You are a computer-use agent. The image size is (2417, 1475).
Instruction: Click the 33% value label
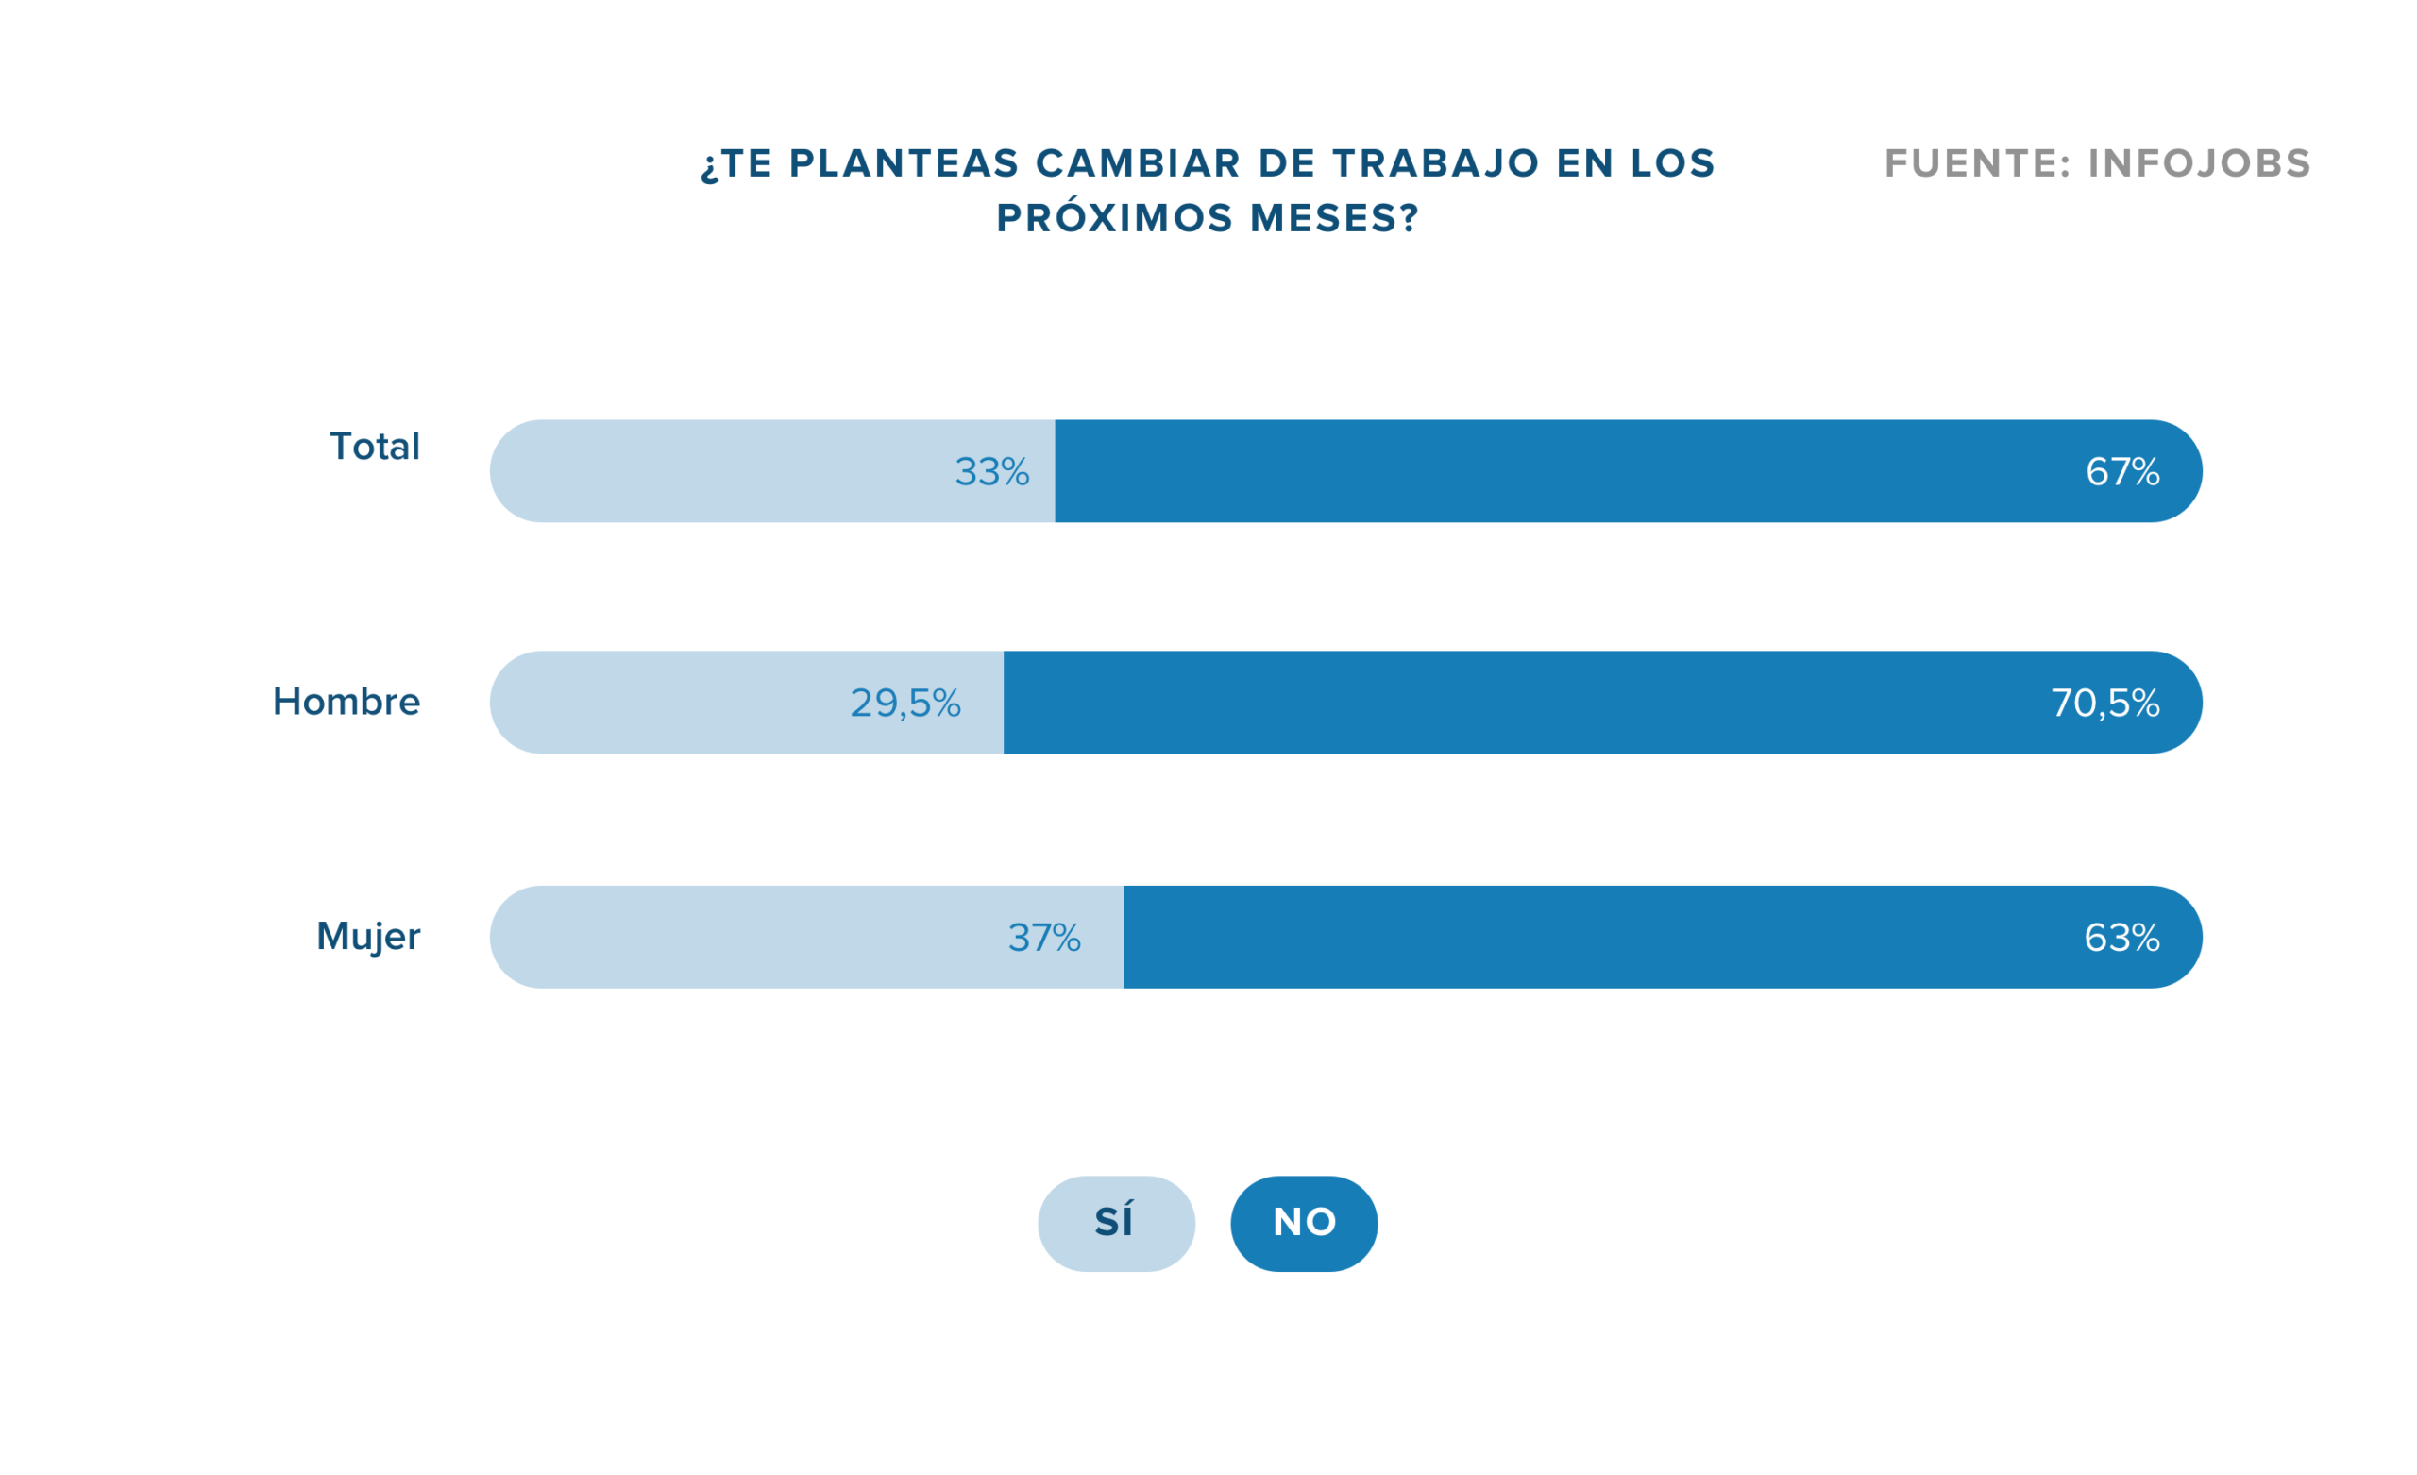tap(991, 472)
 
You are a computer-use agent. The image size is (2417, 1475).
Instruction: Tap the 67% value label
tap(2121, 472)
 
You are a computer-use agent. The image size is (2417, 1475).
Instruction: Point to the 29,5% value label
tap(904, 704)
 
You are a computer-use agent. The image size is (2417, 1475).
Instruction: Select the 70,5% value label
tap(2104, 704)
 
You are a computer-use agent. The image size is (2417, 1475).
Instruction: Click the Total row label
tap(374, 447)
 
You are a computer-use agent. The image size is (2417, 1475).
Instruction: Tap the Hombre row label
tap(346, 702)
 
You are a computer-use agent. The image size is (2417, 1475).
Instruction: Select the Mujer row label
tap(368, 936)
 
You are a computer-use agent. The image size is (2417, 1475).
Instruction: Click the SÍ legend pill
tap(1115, 1224)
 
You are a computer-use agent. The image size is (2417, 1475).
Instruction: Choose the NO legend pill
tap(1304, 1224)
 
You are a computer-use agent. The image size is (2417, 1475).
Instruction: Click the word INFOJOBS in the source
tap(2198, 164)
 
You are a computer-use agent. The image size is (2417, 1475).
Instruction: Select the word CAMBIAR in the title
tap(1138, 164)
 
